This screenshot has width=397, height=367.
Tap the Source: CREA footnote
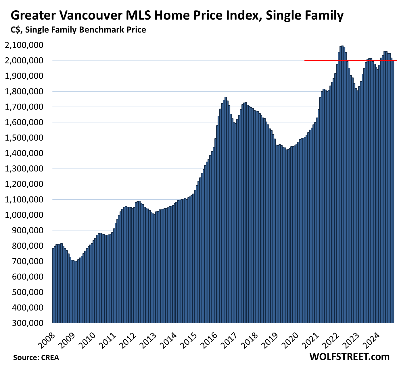coord(36,358)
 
